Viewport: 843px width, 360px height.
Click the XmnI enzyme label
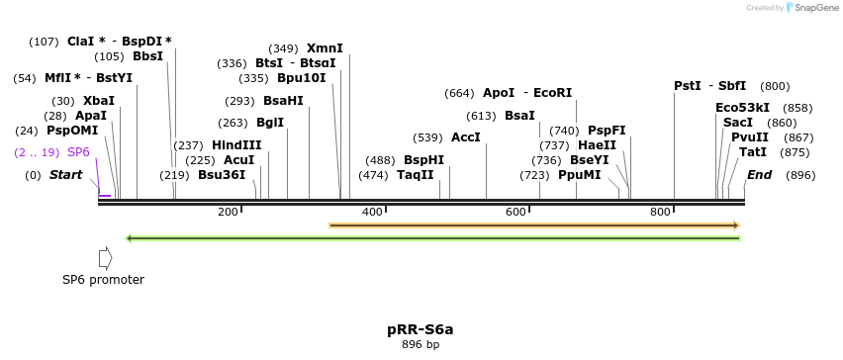coord(325,48)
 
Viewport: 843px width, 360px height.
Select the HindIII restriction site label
coord(236,145)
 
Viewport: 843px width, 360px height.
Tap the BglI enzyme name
coord(270,123)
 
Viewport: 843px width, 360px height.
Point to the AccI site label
coord(466,137)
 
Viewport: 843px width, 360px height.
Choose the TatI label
coord(753,152)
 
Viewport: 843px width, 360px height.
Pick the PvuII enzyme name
coord(749,137)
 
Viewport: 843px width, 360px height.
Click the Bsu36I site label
coord(222,175)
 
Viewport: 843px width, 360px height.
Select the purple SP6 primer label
coord(78,152)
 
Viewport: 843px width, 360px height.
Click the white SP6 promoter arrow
coord(105,258)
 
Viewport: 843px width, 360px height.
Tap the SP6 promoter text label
coord(103,280)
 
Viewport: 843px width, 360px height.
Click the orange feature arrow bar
coord(534,225)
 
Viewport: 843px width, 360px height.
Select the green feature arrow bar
coord(433,237)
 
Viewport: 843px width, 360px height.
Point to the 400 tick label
coord(372,212)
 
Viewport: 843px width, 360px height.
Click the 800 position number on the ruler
coord(660,212)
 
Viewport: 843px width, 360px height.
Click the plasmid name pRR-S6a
coord(421,329)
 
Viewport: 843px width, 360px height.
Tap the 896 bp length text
coord(421,345)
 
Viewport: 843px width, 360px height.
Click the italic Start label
coord(65,175)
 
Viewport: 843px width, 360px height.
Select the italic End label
coord(759,175)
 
